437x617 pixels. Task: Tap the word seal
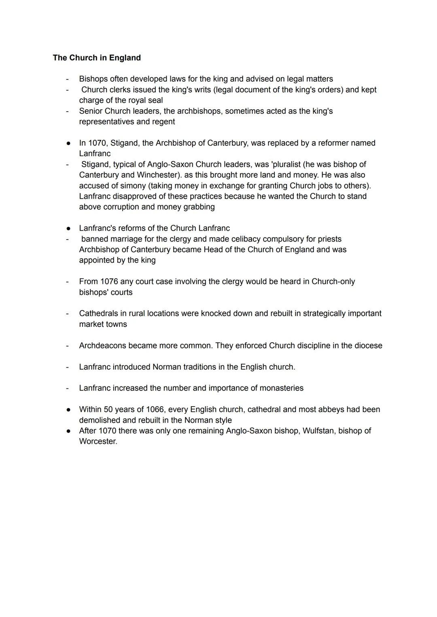point(155,100)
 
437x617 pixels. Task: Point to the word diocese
point(368,346)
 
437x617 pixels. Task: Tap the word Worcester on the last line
point(98,441)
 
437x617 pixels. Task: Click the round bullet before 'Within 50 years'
point(69,410)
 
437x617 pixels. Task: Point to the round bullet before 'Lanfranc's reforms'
point(69,229)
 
